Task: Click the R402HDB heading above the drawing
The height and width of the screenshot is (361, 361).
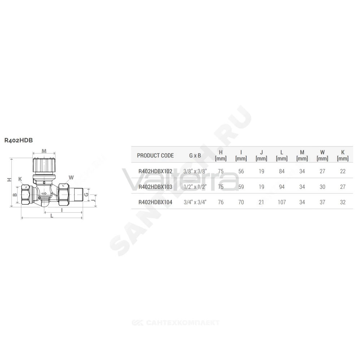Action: click(x=19, y=140)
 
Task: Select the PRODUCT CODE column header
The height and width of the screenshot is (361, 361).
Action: click(x=155, y=155)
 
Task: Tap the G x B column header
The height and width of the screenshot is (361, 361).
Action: click(x=195, y=155)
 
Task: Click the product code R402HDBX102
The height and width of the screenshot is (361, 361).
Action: click(x=155, y=171)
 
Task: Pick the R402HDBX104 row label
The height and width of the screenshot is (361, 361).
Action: click(x=155, y=202)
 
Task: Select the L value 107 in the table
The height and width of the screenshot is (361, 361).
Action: click(x=282, y=202)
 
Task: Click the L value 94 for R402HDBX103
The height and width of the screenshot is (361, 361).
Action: click(x=282, y=187)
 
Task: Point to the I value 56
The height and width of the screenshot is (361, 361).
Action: click(x=241, y=171)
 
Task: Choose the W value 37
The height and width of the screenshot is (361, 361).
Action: click(x=322, y=202)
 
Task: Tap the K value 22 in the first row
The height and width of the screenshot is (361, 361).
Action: click(x=343, y=171)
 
